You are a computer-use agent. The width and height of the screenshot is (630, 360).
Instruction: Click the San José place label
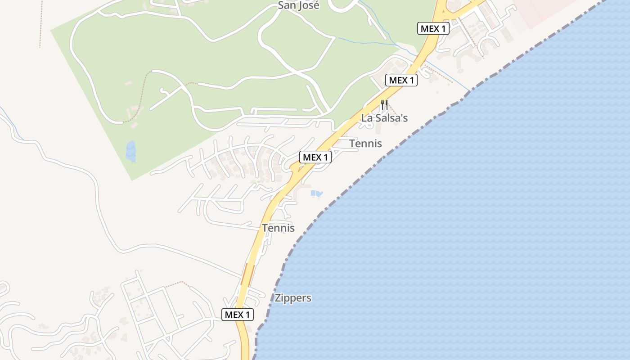point(298,5)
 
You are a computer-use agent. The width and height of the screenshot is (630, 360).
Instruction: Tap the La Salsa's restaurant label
point(384,118)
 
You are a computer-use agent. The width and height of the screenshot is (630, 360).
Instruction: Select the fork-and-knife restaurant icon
point(384,105)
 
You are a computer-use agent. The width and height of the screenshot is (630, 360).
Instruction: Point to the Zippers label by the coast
point(293,298)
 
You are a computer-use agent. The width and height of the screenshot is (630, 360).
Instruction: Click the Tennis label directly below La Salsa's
point(365,144)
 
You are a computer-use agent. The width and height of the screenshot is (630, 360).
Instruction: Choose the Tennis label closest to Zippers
point(278,228)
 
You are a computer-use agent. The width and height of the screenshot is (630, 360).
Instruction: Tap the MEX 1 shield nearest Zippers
point(238,315)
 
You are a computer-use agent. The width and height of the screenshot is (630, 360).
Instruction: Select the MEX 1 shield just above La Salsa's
point(401,80)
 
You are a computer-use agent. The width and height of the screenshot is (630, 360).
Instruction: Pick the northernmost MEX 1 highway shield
point(433,29)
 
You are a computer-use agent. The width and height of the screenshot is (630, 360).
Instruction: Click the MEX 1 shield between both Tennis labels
point(315,157)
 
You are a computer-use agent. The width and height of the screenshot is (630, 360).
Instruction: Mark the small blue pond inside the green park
point(130,151)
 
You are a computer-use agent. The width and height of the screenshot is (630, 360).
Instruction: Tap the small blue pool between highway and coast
point(317,193)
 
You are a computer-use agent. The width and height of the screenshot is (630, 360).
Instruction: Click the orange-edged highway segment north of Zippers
point(247,274)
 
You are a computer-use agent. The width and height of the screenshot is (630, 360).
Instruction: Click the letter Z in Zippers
point(278,298)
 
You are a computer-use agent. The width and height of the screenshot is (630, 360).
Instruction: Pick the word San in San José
point(286,5)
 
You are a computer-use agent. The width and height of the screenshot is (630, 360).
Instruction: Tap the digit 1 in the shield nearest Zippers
point(247,315)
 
